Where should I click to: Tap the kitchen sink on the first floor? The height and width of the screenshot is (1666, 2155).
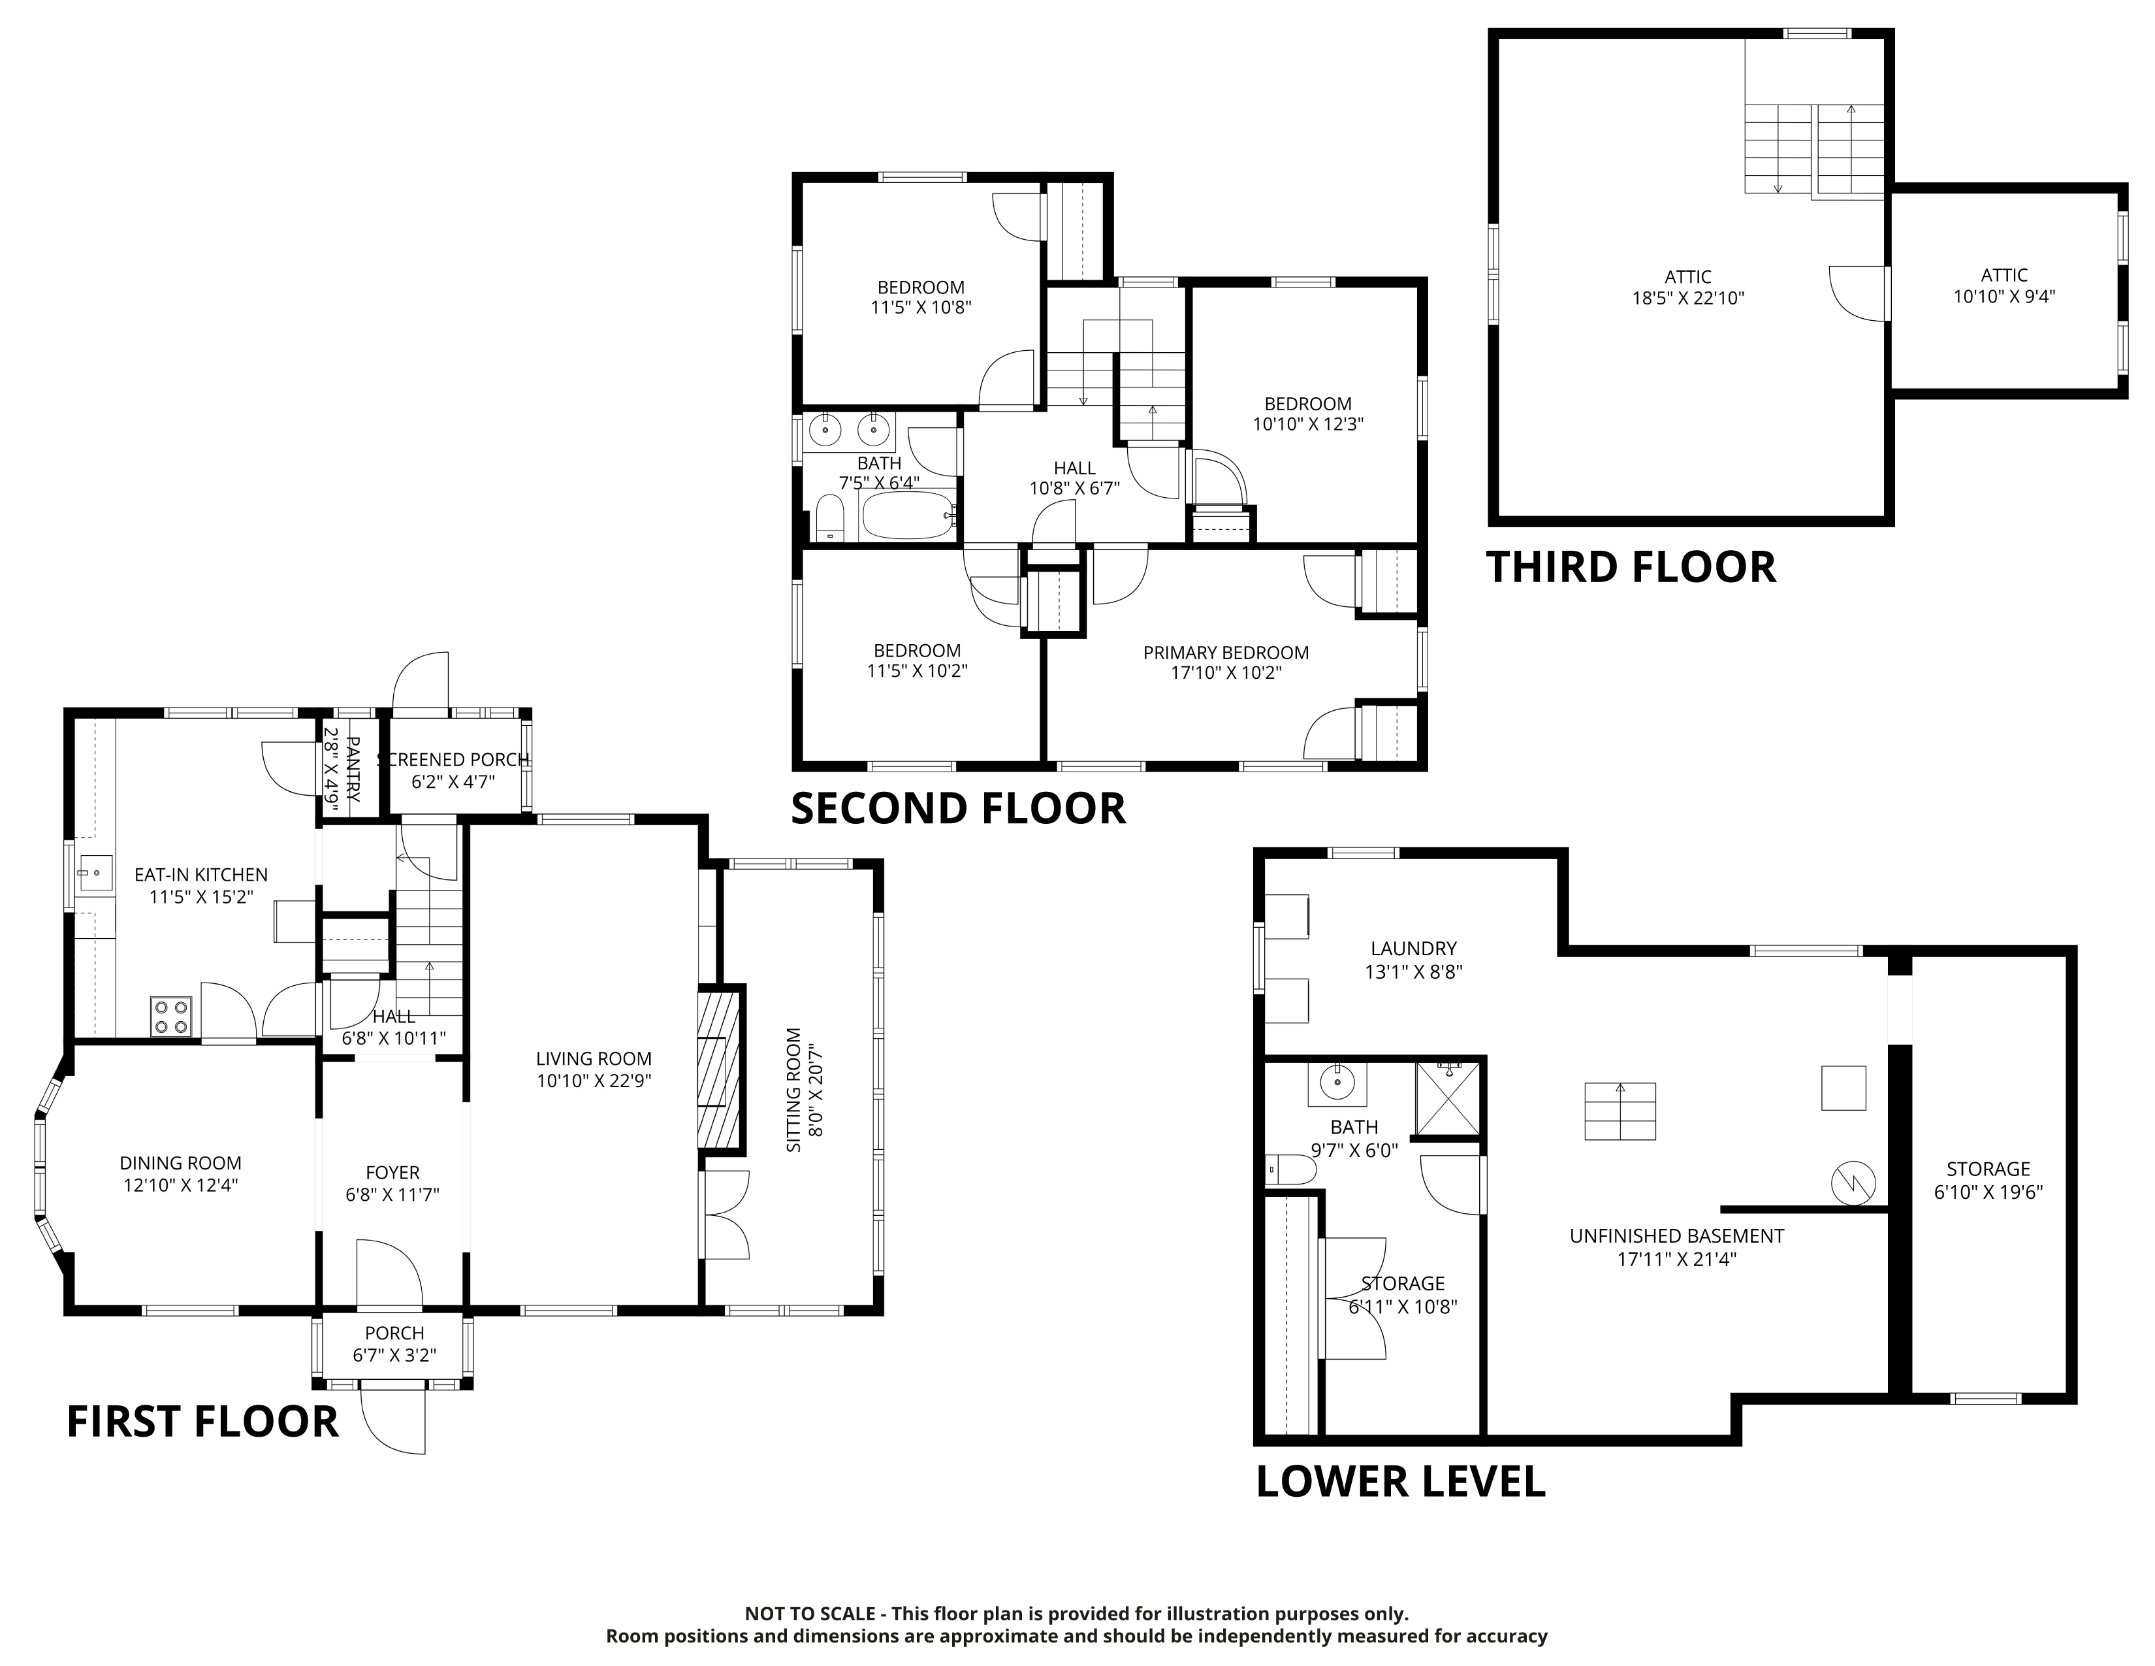[95, 874]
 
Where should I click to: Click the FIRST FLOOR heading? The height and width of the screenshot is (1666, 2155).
[202, 1422]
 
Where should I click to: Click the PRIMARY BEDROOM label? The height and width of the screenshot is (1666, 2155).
[1226, 653]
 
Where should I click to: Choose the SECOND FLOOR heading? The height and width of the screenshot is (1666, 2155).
[958, 808]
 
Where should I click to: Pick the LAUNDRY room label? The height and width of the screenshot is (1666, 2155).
[1413, 949]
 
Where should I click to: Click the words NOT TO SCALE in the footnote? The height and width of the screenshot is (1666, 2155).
[809, 1614]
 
